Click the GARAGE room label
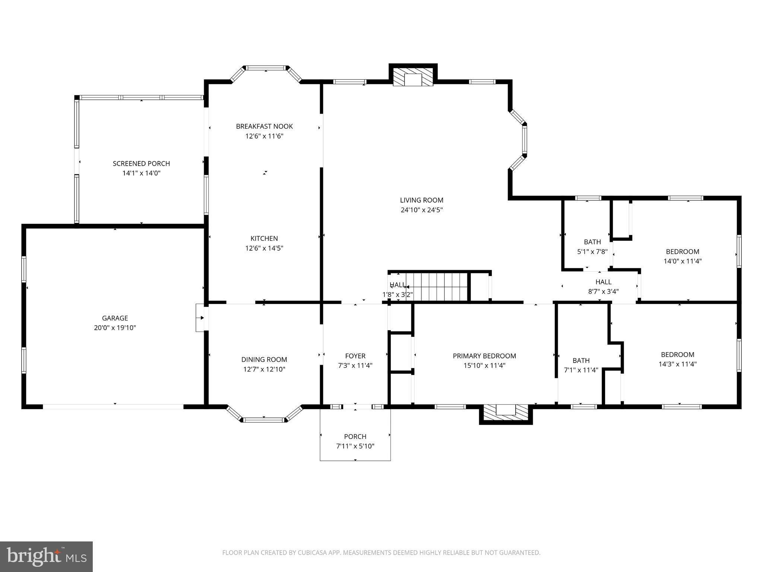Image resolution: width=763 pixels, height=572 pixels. [115, 318]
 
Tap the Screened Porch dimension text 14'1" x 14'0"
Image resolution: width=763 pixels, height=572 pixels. [141, 173]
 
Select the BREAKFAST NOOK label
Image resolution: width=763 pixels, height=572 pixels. [264, 126]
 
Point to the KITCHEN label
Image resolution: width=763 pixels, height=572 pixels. [264, 238]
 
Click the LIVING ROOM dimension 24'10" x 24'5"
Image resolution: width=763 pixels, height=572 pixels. [421, 210]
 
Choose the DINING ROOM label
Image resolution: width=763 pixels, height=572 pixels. [264, 360]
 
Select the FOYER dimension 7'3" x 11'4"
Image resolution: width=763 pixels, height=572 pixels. [355, 366]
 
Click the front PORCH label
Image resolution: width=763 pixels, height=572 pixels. [355, 436]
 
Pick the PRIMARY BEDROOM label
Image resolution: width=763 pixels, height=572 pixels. [484, 356]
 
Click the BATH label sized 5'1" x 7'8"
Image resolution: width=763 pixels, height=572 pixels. [592, 242]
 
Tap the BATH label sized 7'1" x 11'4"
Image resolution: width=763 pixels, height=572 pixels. [581, 360]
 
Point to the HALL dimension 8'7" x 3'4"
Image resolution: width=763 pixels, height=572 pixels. [603, 291]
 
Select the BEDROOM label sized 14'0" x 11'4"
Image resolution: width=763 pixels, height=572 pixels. [683, 252]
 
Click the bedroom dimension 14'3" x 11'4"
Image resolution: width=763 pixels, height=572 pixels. [678, 364]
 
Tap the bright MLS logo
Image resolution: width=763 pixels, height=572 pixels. [46, 556]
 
